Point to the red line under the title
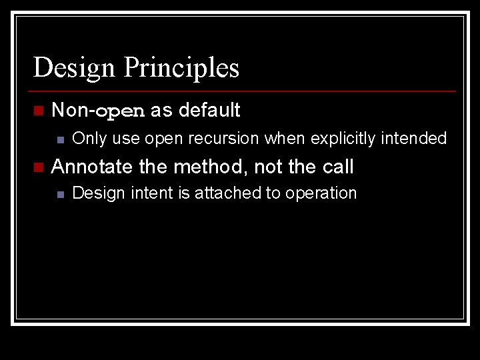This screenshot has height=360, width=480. point(244,91)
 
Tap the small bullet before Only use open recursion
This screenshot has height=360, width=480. point(59,139)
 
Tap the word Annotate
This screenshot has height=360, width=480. point(92,167)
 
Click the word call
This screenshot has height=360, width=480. point(337,167)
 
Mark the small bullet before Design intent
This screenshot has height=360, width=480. point(59,194)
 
